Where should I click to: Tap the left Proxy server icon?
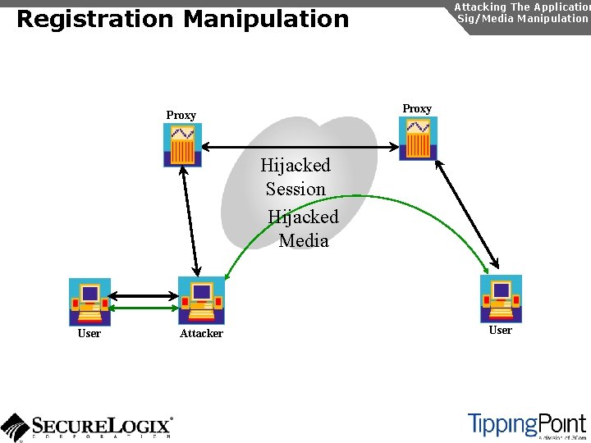click(x=182, y=144)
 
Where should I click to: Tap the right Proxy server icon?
click(x=418, y=138)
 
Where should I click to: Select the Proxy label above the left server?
click(x=181, y=116)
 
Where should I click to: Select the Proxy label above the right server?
click(x=417, y=109)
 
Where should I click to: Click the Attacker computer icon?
click(x=201, y=300)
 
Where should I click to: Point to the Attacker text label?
click(x=201, y=334)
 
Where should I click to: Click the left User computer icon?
click(x=89, y=302)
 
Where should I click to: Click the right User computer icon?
click(x=501, y=299)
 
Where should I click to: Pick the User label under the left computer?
click(x=89, y=334)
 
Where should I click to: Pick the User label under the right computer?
click(x=500, y=331)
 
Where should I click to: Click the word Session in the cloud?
click(x=295, y=190)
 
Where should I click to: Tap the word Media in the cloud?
click(x=303, y=241)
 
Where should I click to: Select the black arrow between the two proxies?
click(x=300, y=147)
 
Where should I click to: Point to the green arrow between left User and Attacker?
click(x=144, y=308)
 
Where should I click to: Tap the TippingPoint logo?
click(x=527, y=424)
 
